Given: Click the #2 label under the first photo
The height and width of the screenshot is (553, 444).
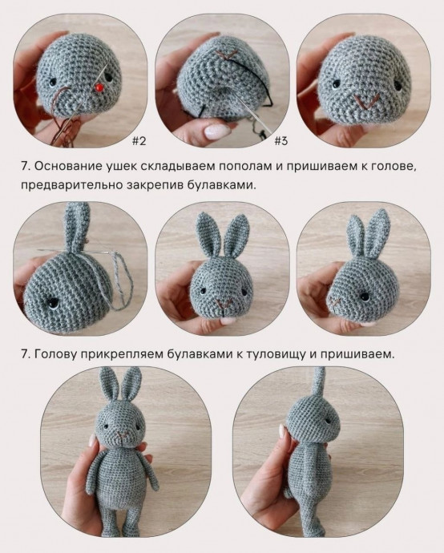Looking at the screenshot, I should click(139, 142).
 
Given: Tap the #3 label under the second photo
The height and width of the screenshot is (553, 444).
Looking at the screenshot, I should click(281, 142).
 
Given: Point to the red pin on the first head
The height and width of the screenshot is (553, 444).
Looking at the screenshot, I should click(98, 84).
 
